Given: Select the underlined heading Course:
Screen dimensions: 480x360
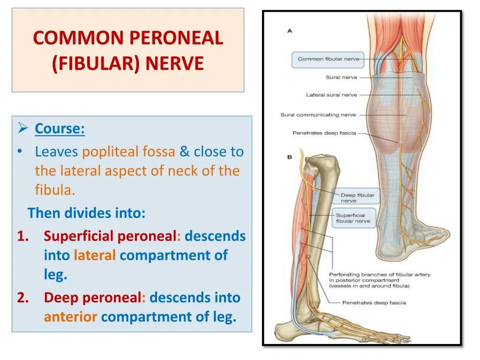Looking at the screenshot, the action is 60,128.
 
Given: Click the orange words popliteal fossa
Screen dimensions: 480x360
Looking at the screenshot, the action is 128,152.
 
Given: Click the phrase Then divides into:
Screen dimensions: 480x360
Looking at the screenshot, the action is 87,213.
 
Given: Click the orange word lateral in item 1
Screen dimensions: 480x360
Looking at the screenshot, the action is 95,255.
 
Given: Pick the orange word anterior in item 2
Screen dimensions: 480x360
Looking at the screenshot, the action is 71,317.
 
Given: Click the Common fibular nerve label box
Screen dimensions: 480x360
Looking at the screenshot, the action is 328,60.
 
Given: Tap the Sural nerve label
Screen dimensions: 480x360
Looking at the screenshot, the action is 341,77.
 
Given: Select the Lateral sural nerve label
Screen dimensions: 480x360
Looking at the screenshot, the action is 331,95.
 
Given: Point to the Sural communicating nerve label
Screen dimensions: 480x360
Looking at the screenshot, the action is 318,115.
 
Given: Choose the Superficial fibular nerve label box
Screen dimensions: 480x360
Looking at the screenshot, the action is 354,218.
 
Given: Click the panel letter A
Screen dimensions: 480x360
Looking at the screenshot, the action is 290,31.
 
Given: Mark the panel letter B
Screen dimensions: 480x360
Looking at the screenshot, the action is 290,157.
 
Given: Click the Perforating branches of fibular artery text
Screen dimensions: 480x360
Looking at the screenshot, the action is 380,275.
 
